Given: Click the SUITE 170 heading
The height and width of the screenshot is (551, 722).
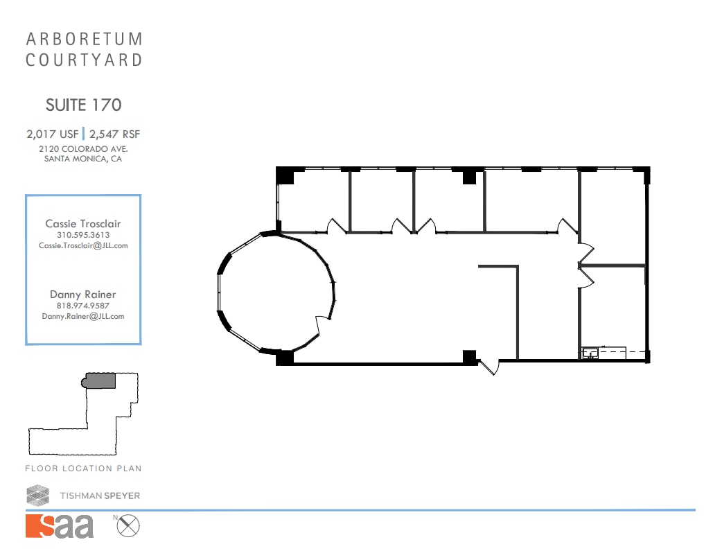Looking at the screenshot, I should [x=83, y=105].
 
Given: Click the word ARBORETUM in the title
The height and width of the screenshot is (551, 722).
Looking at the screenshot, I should [x=84, y=39].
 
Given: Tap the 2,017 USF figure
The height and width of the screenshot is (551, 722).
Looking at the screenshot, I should [x=53, y=134].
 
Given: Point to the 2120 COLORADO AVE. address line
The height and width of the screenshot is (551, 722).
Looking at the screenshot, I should [x=83, y=148].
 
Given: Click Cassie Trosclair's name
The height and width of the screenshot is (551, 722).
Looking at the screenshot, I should [x=83, y=224].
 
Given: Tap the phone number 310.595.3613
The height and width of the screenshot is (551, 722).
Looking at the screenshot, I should [x=83, y=235].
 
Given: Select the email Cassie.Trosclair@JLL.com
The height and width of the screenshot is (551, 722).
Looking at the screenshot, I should [x=83, y=245].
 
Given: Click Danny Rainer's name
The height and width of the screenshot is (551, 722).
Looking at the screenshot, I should [x=83, y=295].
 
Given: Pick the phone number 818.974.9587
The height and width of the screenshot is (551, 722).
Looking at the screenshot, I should [x=83, y=306].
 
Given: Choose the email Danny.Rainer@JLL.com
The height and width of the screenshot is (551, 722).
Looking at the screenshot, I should [x=83, y=316].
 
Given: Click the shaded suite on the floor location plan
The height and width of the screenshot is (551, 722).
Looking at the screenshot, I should [x=100, y=381].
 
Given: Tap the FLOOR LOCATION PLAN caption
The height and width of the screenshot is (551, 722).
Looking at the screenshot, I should [x=83, y=469].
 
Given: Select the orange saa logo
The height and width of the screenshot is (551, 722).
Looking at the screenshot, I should [x=60, y=526].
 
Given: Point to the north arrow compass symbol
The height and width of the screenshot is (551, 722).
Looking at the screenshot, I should [x=127, y=526].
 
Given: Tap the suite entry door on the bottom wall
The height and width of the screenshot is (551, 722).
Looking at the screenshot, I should [x=489, y=365].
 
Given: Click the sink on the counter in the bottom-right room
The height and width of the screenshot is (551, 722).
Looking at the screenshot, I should [x=590, y=353].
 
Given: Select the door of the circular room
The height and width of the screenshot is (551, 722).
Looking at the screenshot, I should [x=323, y=326].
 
